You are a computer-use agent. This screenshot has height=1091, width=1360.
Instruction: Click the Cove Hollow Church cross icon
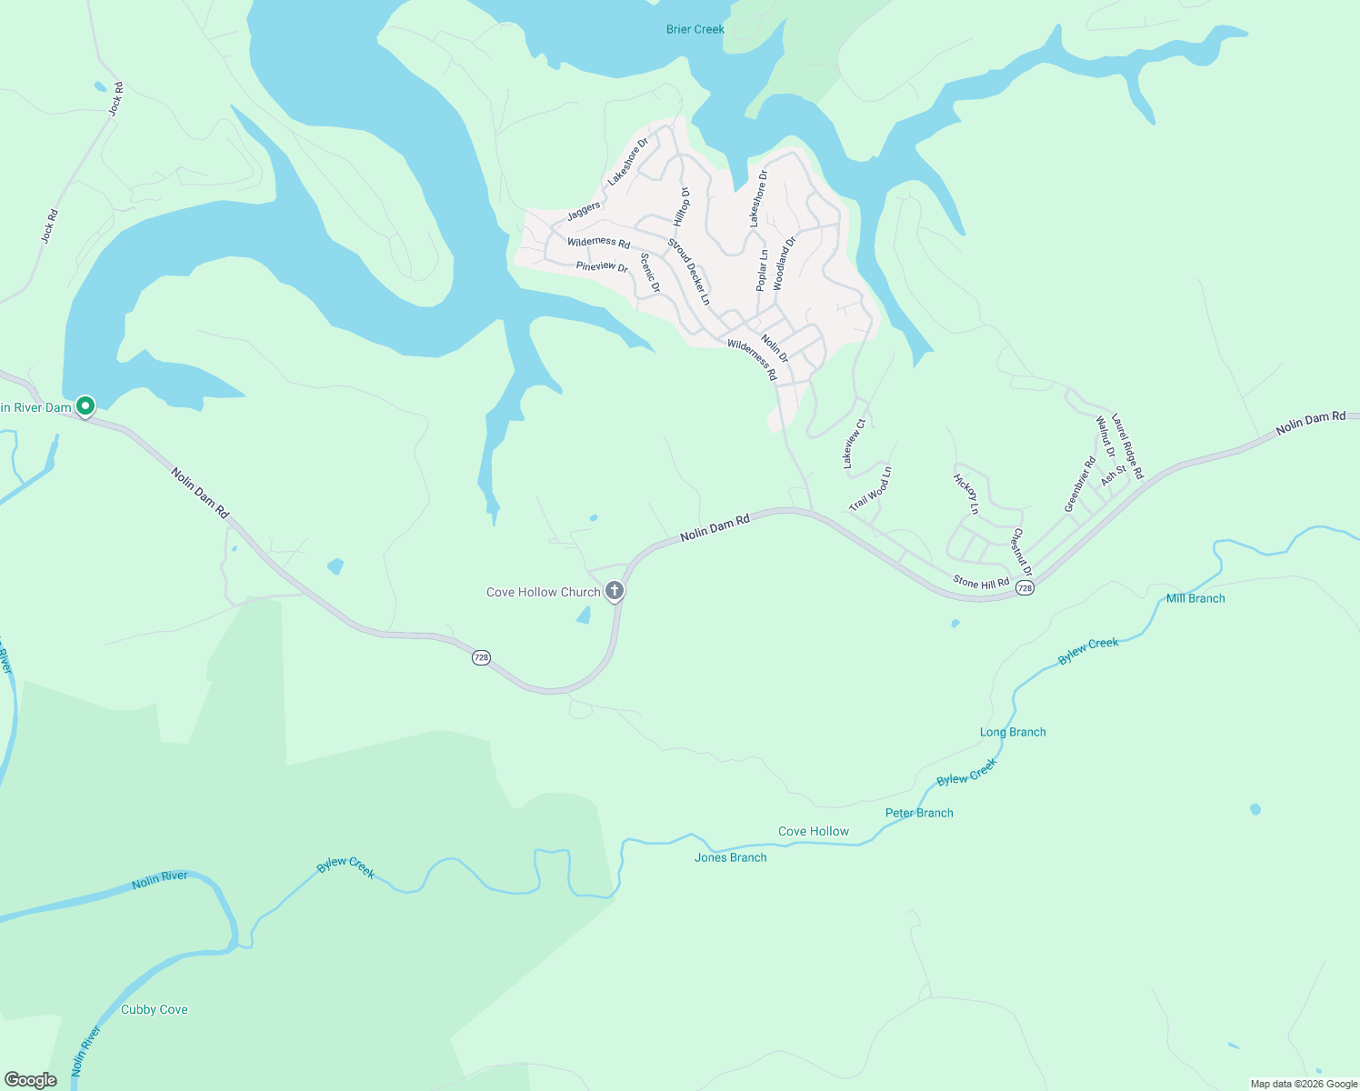point(615,592)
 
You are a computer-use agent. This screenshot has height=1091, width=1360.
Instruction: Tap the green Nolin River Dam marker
point(85,405)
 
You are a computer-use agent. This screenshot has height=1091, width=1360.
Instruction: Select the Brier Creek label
point(695,29)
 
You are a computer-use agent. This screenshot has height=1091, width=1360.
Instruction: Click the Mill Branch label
point(1195,598)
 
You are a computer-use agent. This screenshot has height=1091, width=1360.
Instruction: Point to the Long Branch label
point(1013,732)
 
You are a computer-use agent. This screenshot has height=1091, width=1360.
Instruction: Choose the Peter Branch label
point(919,813)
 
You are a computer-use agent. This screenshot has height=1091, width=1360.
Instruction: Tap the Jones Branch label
point(730,857)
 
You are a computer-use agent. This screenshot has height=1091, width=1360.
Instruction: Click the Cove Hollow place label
point(813,831)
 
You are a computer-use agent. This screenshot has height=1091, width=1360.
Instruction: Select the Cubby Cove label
point(154,1009)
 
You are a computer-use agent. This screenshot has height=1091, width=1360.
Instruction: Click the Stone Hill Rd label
point(981,582)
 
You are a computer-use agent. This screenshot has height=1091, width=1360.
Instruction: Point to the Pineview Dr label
point(602,267)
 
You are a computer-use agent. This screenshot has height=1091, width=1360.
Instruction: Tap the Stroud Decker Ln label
point(689,271)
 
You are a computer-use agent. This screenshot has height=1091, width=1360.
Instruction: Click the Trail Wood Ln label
point(871,489)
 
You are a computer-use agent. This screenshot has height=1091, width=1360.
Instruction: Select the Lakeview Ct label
point(852,444)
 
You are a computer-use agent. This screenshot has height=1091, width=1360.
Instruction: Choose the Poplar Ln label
point(762,270)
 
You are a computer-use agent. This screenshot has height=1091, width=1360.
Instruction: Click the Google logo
point(31,1080)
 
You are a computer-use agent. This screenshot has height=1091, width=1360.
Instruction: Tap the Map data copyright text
point(1304,1084)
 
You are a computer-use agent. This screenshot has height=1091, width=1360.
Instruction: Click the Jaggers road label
point(584,211)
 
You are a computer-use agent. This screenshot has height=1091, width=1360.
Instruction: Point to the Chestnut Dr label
point(1022,551)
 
